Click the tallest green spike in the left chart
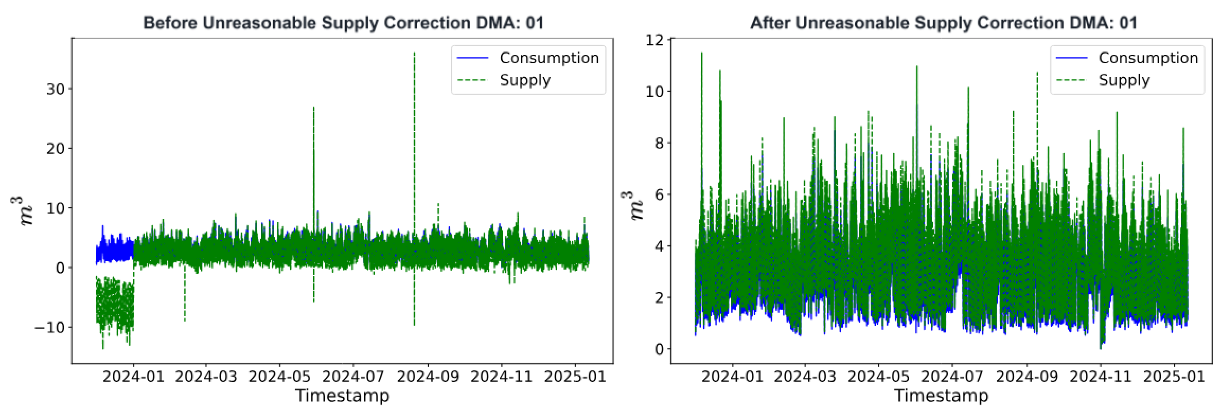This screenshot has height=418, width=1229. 414,55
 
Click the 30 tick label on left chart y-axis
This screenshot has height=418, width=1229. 55,89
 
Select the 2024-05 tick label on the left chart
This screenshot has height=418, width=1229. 279,377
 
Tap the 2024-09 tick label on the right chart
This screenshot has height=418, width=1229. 1027,377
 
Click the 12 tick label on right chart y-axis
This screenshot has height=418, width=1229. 655,40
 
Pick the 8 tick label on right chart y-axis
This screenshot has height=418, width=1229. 659,143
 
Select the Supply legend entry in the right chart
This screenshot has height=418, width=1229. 1124,80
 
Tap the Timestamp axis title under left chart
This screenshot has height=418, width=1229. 342,396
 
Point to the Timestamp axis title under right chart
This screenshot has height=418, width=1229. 941,396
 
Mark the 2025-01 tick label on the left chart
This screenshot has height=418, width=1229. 575,377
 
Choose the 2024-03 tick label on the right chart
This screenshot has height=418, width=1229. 805,377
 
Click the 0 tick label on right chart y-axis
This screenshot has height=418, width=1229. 659,349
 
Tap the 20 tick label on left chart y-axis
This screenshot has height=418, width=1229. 55,149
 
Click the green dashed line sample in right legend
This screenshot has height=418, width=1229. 1071,80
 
